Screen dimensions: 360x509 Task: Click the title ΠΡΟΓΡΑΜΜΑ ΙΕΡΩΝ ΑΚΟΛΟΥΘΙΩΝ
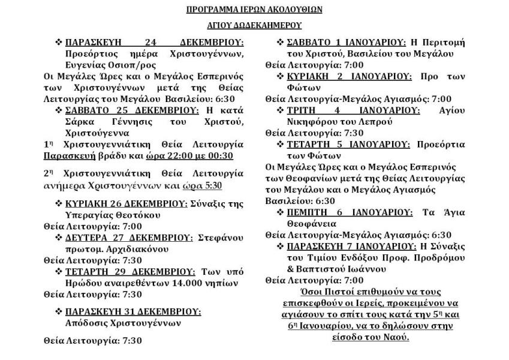[x=255, y=10]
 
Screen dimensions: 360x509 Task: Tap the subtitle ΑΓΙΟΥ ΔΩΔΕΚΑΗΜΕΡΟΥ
[x=255, y=25]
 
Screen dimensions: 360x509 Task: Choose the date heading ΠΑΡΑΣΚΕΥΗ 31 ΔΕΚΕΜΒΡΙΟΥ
[x=132, y=312]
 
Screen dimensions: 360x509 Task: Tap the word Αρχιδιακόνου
[x=141, y=249]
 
